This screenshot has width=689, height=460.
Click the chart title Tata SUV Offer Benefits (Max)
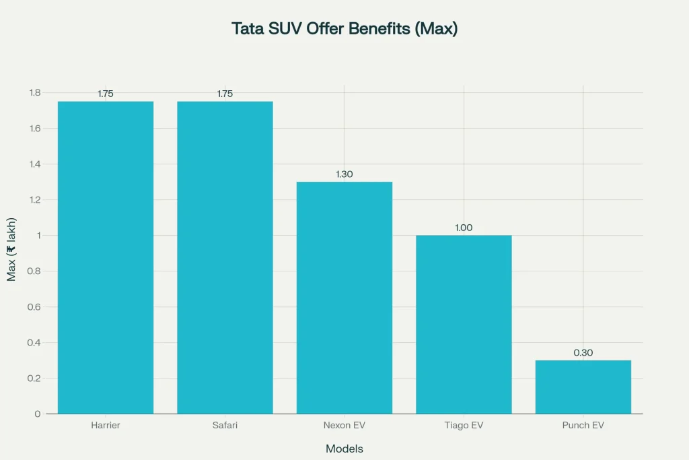(344, 29)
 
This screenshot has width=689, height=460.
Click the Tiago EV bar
(464, 324)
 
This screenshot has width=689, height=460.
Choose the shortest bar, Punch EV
(583, 387)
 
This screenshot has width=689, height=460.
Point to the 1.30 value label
(344, 174)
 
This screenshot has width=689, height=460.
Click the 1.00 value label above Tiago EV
(464, 228)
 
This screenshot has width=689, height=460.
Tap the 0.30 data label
(583, 353)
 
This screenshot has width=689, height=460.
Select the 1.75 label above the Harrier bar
(106, 94)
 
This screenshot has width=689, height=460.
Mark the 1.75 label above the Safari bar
(225, 94)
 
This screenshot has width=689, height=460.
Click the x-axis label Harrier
(106, 426)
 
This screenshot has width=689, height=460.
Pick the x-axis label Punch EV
(583, 426)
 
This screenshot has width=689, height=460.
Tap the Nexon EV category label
(344, 426)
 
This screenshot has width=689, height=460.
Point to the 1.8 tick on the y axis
(35, 93)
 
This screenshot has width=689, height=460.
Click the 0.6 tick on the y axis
(35, 307)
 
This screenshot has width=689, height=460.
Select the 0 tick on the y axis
(38, 414)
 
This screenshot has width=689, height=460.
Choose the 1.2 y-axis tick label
(35, 200)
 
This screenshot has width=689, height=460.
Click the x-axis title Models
(344, 449)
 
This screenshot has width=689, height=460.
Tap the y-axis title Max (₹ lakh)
(11, 249)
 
